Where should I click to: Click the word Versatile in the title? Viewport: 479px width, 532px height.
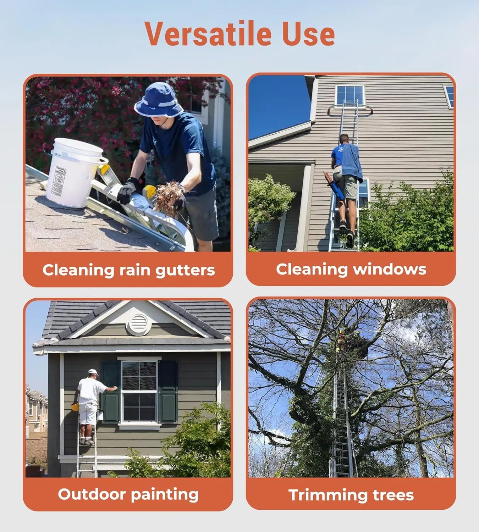[209, 34]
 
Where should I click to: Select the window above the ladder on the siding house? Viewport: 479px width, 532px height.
[350, 95]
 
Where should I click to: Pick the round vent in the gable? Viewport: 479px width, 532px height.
[139, 324]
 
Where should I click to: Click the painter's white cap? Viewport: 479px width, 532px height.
[93, 372]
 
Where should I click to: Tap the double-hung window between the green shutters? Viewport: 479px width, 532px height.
[139, 391]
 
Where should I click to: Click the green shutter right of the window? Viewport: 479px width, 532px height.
[168, 392]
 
